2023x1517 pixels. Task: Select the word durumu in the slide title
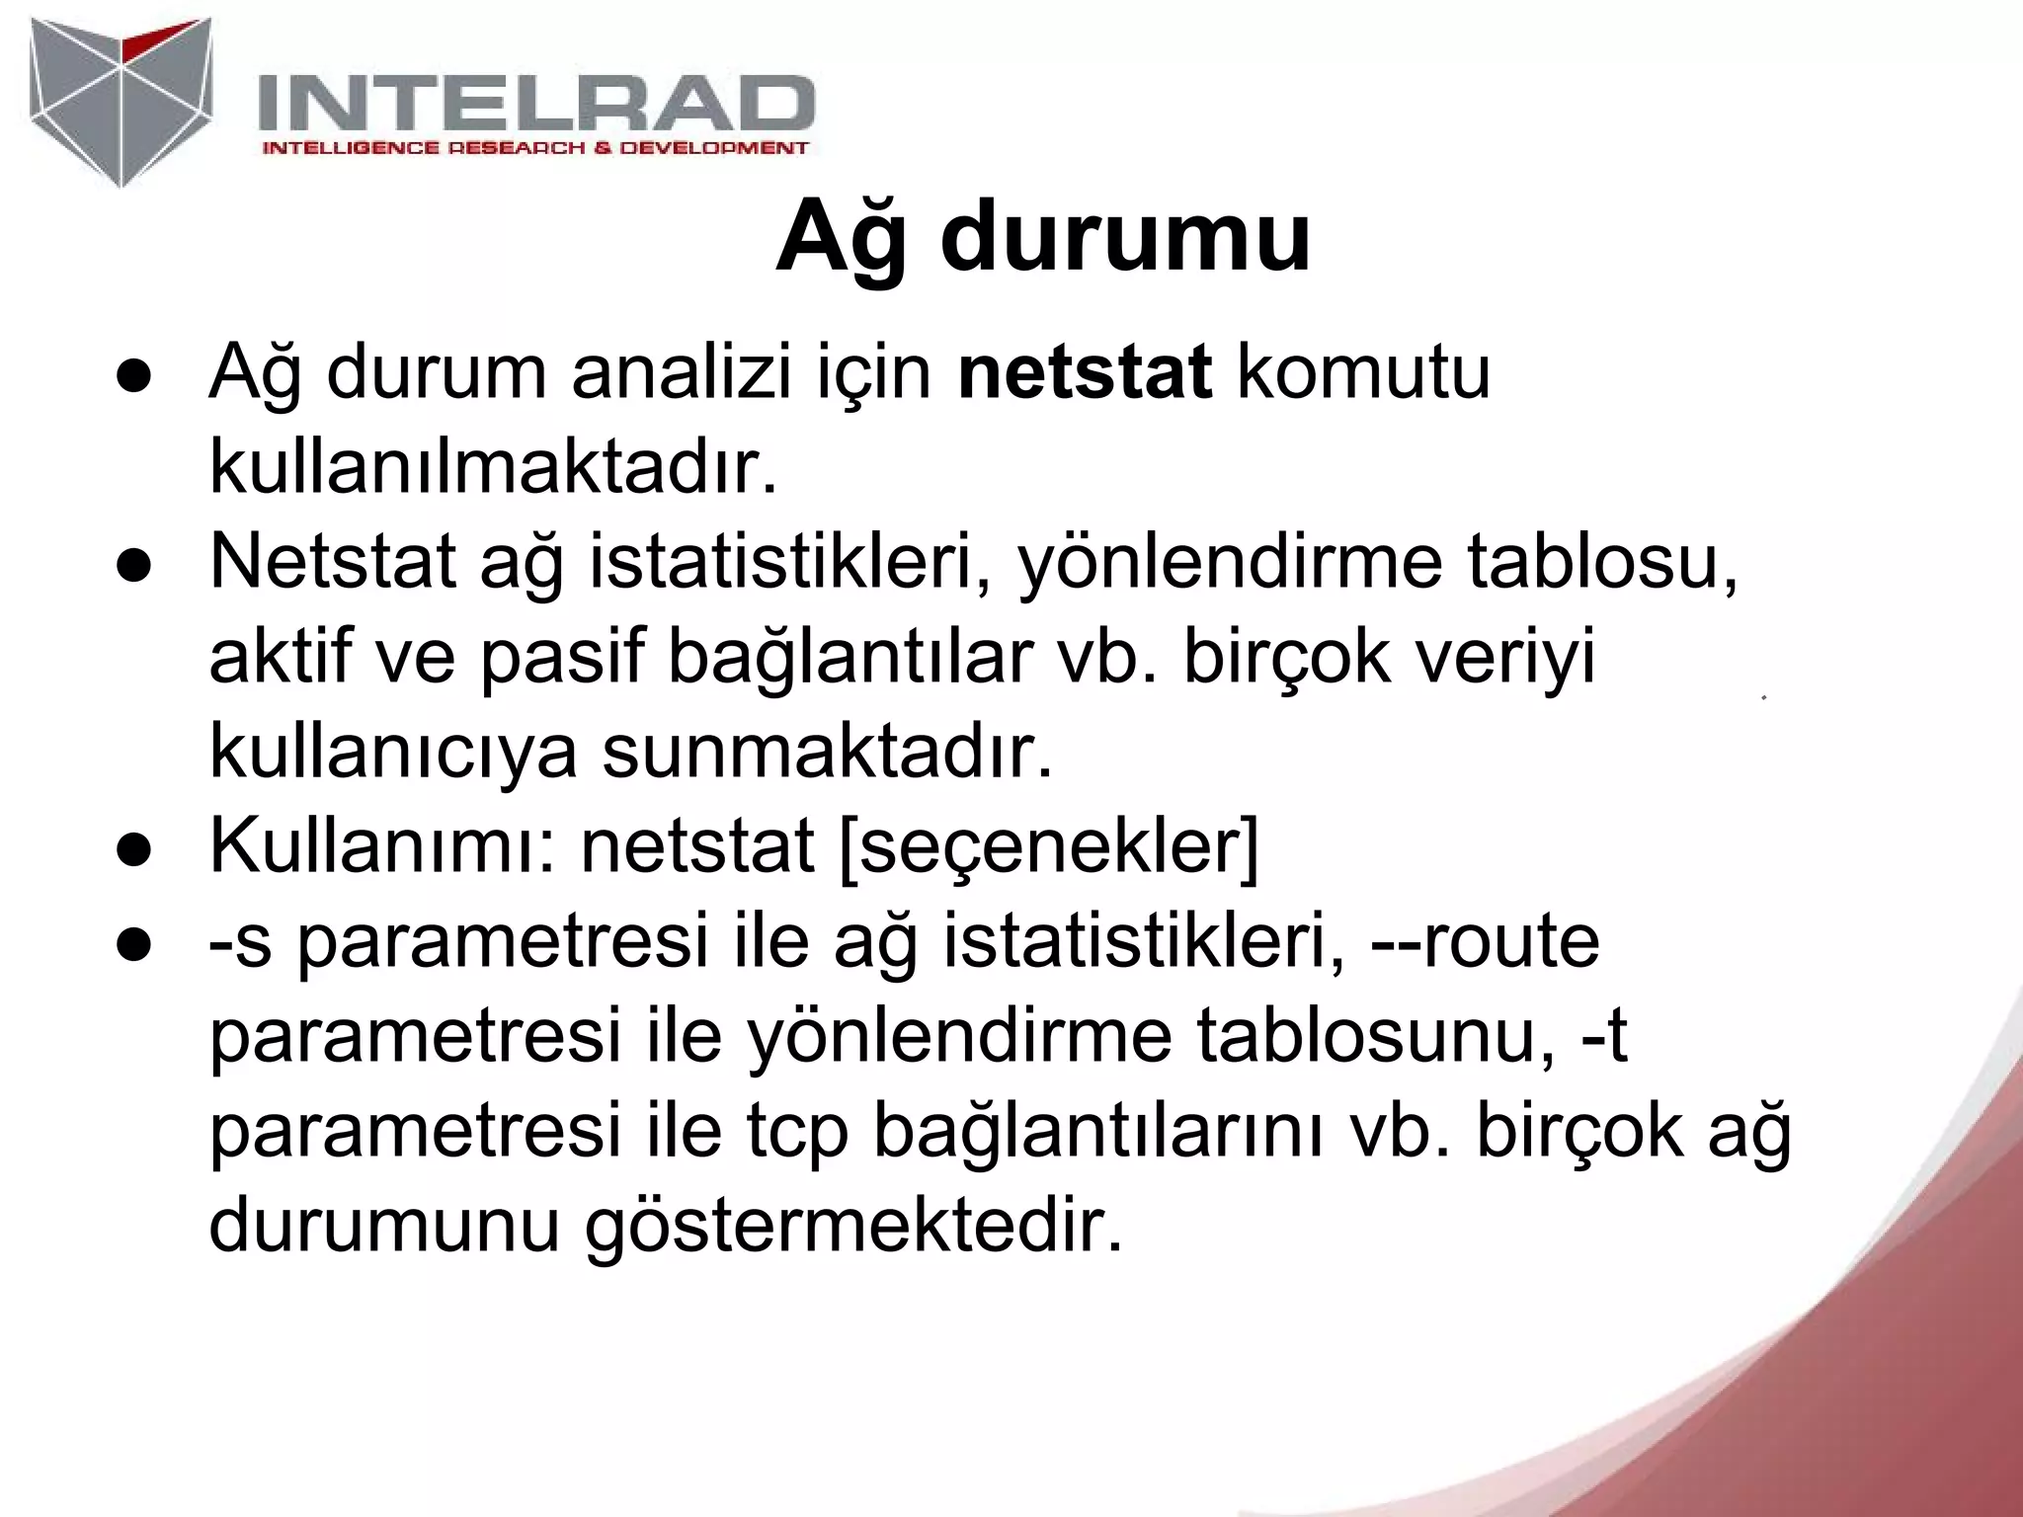1125,238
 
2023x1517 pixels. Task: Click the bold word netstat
1085,373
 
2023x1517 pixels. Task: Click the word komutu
1363,373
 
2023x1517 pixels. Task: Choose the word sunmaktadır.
828,753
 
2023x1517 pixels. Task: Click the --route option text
1485,941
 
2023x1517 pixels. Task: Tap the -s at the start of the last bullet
240,941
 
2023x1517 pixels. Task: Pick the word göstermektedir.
854,1228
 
